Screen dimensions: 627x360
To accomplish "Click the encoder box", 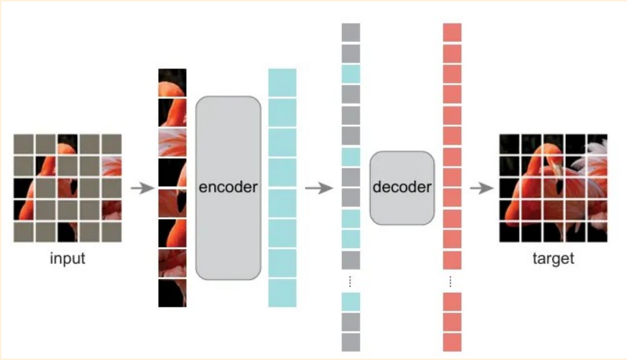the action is point(228,188).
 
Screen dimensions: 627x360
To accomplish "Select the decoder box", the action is point(402,188).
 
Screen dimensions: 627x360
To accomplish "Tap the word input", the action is point(67,258).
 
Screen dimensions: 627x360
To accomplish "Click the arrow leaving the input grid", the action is point(143,188).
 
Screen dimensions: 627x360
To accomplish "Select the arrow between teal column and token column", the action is point(319,188).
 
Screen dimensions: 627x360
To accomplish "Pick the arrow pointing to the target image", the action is point(482,188).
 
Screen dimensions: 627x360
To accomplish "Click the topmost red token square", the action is point(452,32).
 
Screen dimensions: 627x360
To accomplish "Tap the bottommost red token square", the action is point(452,342).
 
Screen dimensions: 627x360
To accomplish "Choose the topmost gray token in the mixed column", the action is point(351,32).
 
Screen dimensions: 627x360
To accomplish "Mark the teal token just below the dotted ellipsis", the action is point(351,302).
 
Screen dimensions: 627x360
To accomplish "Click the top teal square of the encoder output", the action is point(282,82).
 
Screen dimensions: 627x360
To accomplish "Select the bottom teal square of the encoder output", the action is point(282,293).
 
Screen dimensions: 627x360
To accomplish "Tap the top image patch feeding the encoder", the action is point(172,82).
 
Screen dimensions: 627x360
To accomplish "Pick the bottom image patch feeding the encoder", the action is point(172,293).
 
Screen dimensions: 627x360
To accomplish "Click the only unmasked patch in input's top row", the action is point(67,144).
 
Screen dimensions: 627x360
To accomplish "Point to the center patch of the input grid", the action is point(67,188).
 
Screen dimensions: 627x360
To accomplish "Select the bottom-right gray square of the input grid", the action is point(112,232).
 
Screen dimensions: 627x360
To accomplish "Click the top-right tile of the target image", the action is point(597,144).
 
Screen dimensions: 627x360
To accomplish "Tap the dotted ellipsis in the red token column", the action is point(450,281).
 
